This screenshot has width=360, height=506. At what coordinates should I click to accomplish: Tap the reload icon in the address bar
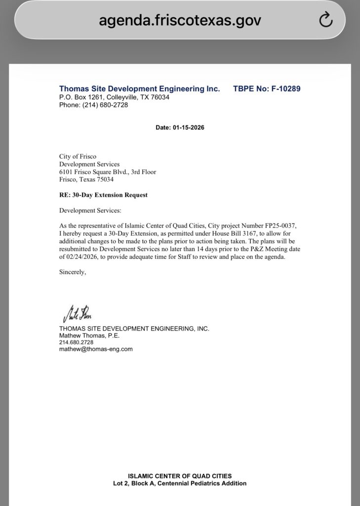[x=326, y=20]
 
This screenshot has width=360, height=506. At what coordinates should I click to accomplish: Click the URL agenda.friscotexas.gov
[x=180, y=20]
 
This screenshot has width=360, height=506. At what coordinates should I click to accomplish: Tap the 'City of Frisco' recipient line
[x=78, y=157]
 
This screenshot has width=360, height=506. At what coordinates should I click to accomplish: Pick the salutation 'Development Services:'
[x=86, y=211]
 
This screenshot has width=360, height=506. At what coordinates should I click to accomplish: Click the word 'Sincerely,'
[x=73, y=272]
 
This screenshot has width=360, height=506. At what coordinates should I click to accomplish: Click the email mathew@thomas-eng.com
[x=96, y=349]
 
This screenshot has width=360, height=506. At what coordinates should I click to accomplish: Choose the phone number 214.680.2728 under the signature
[x=76, y=342]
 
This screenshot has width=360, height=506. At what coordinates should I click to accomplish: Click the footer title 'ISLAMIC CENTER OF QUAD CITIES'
[x=180, y=476]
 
